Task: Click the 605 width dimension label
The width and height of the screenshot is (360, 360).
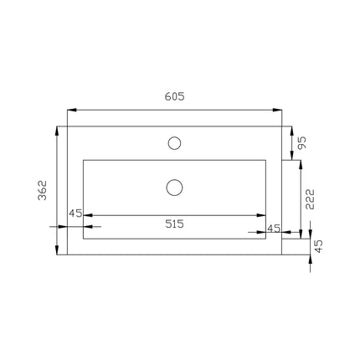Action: click(174, 96)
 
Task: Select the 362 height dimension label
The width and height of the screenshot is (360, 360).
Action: click(43, 190)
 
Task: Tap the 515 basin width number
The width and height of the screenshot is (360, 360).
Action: click(174, 224)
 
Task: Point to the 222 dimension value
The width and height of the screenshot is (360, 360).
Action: click(310, 199)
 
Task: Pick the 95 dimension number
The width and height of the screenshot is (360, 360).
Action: click(301, 143)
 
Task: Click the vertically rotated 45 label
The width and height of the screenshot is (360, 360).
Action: click(318, 246)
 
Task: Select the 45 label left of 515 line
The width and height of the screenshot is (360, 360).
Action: click(75, 213)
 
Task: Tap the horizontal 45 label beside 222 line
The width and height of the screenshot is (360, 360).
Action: click(274, 229)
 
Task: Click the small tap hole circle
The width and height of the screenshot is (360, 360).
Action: click(174, 137)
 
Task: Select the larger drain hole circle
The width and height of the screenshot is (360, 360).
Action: click(174, 179)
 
